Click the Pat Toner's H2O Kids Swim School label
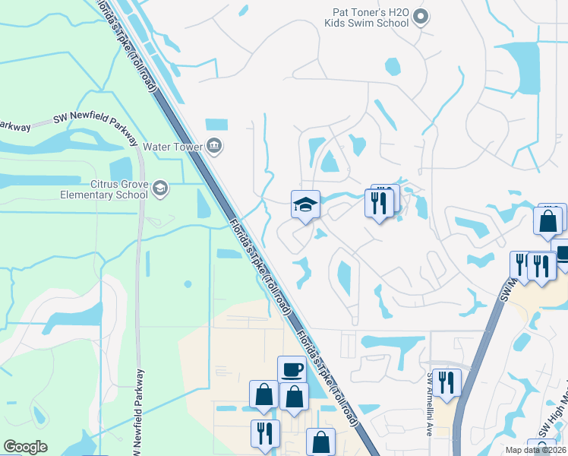371,17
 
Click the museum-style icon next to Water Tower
215,146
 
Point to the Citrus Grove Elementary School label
104,189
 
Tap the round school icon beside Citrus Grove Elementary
159,188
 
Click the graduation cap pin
305,204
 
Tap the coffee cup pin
292,370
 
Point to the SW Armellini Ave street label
430,404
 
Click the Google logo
25,447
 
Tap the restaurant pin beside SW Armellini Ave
446,383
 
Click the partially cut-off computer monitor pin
562,254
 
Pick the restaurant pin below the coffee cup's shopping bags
265,434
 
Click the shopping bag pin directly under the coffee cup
294,397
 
